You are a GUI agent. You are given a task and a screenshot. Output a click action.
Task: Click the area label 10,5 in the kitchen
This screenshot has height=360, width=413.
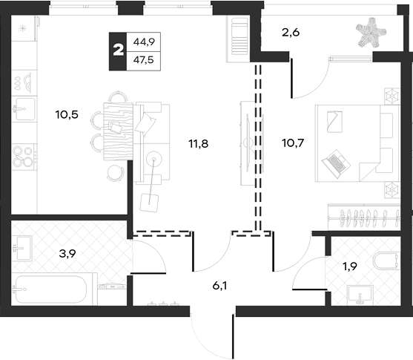coord(67,115)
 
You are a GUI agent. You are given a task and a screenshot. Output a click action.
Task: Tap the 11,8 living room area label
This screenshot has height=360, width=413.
coord(199,144)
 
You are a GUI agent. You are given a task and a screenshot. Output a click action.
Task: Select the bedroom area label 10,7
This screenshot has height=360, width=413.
coord(293,143)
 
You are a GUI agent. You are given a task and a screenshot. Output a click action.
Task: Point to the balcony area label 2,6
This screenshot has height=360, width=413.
coord(291,33)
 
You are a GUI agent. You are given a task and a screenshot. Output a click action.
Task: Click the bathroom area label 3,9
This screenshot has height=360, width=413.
coord(67,254)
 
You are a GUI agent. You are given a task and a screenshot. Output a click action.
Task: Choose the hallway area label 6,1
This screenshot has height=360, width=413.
coord(220,285)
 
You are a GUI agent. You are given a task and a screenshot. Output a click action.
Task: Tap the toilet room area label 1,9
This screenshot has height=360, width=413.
coord(349,266)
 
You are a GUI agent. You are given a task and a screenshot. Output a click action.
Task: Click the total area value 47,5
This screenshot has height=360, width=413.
coord(144,60)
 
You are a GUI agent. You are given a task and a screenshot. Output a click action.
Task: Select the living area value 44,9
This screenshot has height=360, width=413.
coord(144,42)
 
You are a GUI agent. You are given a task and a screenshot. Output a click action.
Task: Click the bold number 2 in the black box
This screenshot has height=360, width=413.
coord(118,50)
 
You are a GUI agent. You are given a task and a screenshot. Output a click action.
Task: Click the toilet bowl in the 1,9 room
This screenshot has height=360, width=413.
coord(386,261)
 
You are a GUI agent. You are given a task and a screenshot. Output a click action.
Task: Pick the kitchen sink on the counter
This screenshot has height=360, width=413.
coord(24,108)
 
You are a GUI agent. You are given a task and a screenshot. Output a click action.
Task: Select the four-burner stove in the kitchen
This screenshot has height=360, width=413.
coord(24,157)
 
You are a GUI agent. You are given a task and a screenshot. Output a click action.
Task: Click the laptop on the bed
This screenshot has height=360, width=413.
coord(336,164)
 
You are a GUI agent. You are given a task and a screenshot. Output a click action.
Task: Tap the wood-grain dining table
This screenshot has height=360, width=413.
coord(118,131)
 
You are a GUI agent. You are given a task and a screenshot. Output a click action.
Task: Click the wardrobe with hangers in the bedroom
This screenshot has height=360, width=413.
coord(364,217)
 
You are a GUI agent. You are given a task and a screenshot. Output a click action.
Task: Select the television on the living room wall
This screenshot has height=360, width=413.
coord(248,143)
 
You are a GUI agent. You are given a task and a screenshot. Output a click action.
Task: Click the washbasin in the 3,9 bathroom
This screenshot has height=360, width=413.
coord(23,248)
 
